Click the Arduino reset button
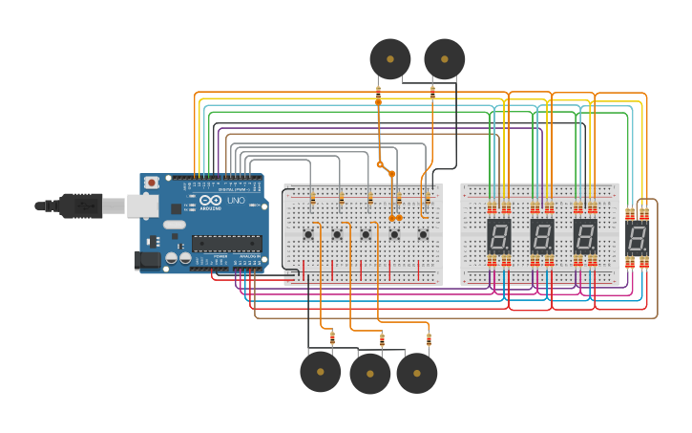point(151,182)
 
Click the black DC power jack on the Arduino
point(149,258)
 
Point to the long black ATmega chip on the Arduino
point(226,243)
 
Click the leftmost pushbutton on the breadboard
point(308,234)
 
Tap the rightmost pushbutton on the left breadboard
point(423,234)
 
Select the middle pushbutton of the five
point(366,234)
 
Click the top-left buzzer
point(390,59)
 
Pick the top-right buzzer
point(444,59)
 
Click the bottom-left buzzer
point(320,372)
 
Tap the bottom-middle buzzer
point(369,374)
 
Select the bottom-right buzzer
point(417,373)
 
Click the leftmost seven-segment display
point(499,235)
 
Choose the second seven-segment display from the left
point(542,235)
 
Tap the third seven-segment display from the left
point(585,235)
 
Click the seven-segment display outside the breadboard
point(637,238)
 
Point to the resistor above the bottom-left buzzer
point(332,337)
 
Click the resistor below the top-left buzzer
point(378,93)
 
